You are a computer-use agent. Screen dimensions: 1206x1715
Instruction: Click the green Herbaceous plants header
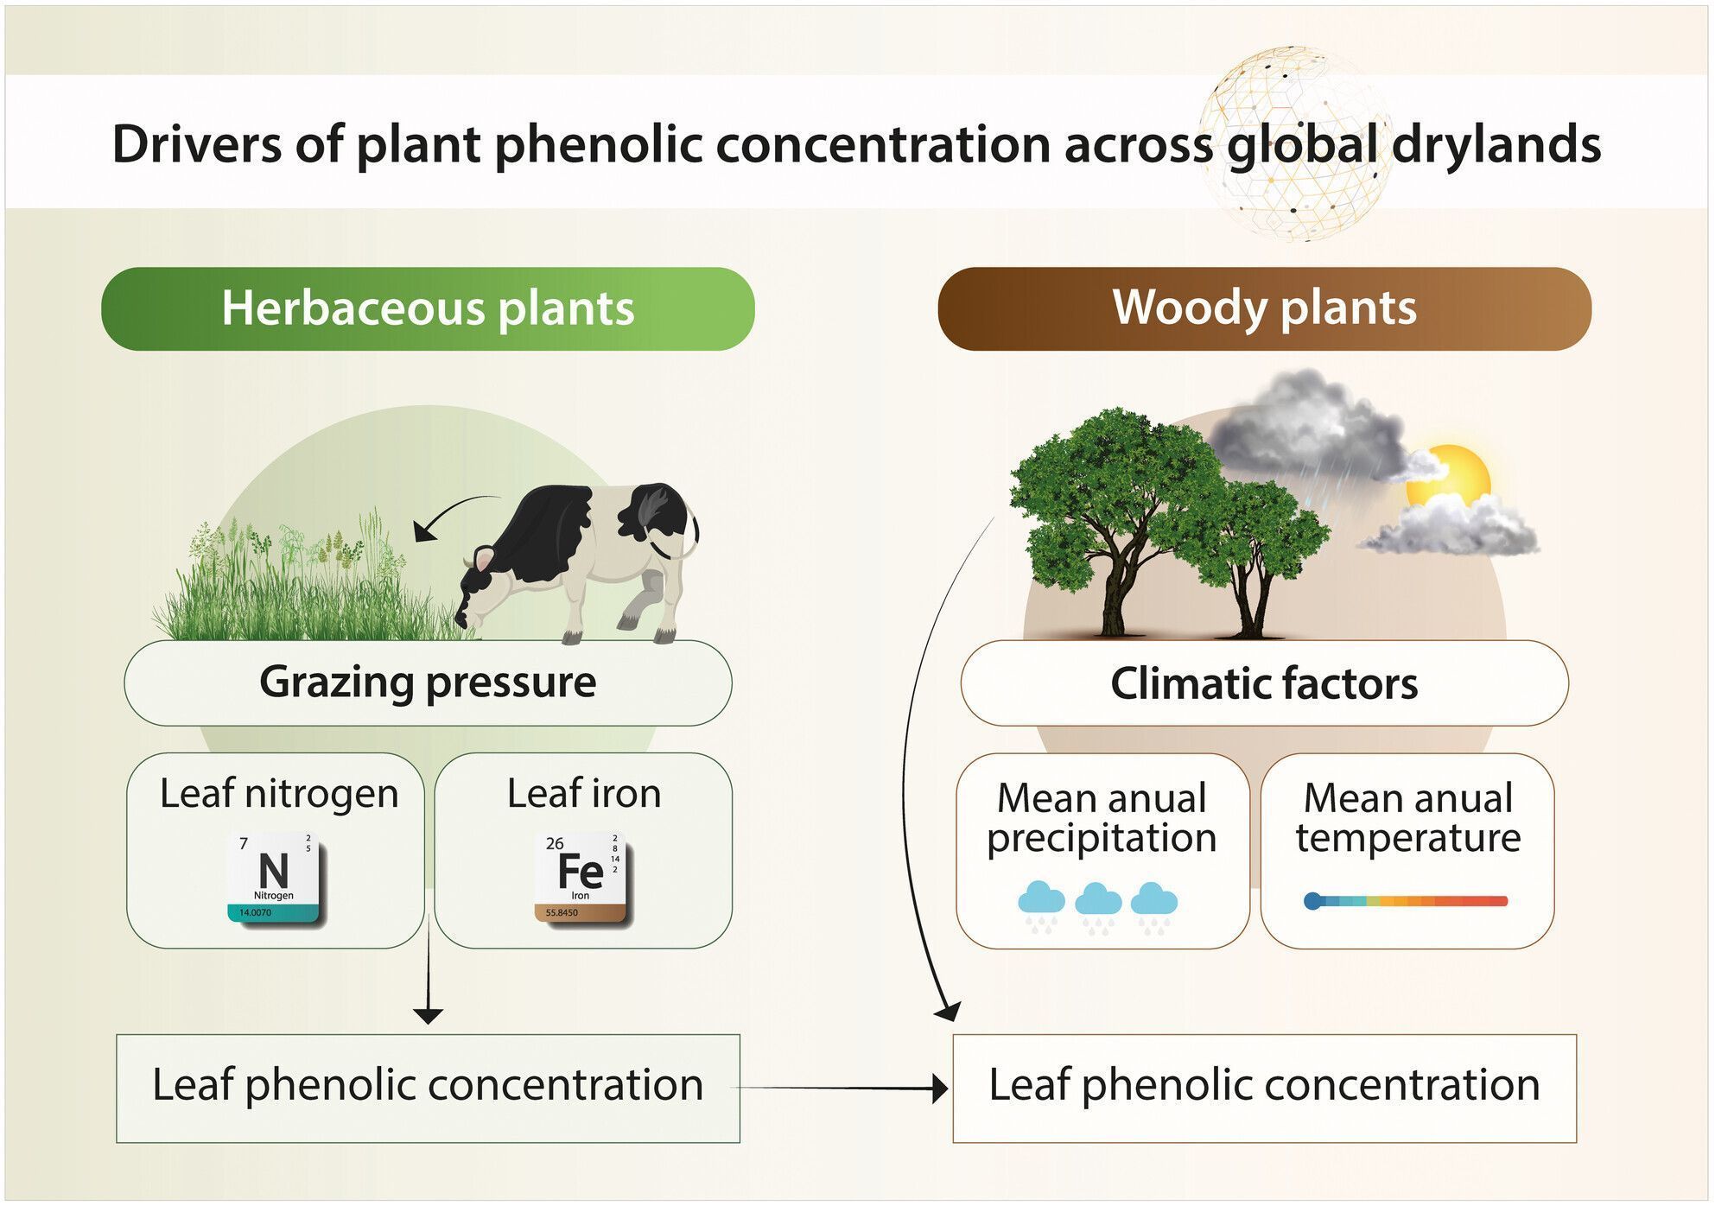tap(428, 308)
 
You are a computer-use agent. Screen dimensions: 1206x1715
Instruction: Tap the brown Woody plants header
tap(1264, 308)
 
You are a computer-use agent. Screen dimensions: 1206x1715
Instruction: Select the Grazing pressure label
tap(428, 682)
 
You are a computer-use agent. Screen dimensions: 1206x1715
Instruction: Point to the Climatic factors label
tap(1264, 683)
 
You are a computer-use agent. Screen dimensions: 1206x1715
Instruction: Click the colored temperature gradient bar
tap(1406, 901)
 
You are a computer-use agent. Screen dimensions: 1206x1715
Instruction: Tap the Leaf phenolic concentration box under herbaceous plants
tap(428, 1087)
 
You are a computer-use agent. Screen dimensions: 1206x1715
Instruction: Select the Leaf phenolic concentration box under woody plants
tap(1264, 1087)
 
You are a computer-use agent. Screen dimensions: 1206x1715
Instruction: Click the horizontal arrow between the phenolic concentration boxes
tap(842, 1088)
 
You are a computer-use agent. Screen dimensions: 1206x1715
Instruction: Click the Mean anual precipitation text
tap(1102, 817)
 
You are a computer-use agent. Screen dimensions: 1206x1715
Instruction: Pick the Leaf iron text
tap(584, 793)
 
